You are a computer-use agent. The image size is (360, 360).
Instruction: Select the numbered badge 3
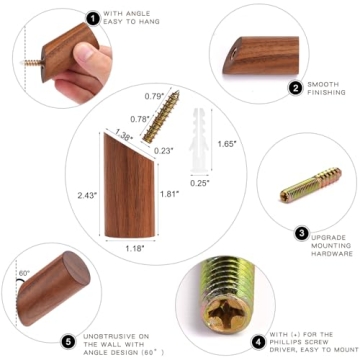(x=301, y=233)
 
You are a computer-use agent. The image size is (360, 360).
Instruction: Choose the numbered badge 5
(x=68, y=342)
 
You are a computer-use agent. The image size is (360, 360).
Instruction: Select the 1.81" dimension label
(x=171, y=195)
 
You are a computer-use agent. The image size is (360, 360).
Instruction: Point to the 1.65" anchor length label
(x=227, y=144)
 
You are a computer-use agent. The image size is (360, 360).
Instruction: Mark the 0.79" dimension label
(x=153, y=97)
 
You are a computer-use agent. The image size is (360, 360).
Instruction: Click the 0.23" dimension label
(x=191, y=151)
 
